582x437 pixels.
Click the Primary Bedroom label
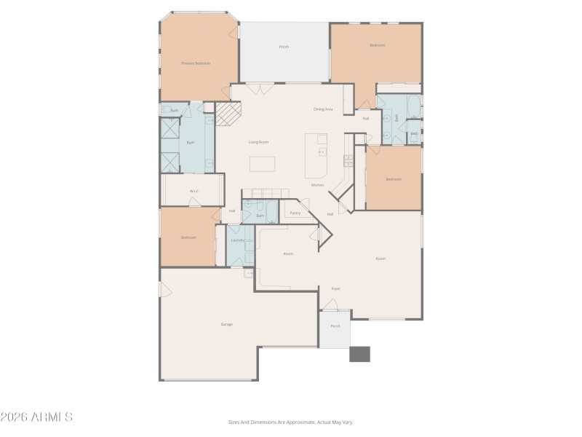(196, 63)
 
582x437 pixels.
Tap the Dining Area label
(323, 109)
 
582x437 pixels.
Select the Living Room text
(258, 142)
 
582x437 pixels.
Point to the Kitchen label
(317, 185)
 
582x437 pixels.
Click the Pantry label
(295, 213)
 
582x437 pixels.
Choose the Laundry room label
(237, 240)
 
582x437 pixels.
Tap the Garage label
(227, 324)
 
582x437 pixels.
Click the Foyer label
(336, 288)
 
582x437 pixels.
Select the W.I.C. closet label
(194, 191)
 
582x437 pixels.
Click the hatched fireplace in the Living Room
(227, 114)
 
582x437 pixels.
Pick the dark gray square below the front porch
(359, 354)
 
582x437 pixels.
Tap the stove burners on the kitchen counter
(348, 160)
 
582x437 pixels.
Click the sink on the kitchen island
(321, 151)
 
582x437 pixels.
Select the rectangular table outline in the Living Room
(262, 164)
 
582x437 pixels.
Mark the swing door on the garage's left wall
(164, 290)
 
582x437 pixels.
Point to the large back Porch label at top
(284, 47)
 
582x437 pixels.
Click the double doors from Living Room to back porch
(255, 88)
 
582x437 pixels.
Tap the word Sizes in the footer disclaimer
(235, 422)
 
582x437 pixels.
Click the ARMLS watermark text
(36, 417)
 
